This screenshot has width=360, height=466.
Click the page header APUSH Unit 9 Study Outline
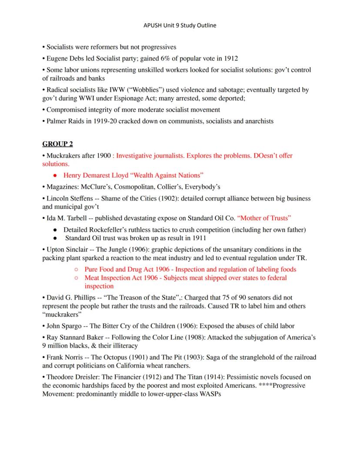point(180,25)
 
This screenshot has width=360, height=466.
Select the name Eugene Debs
point(64,58)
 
